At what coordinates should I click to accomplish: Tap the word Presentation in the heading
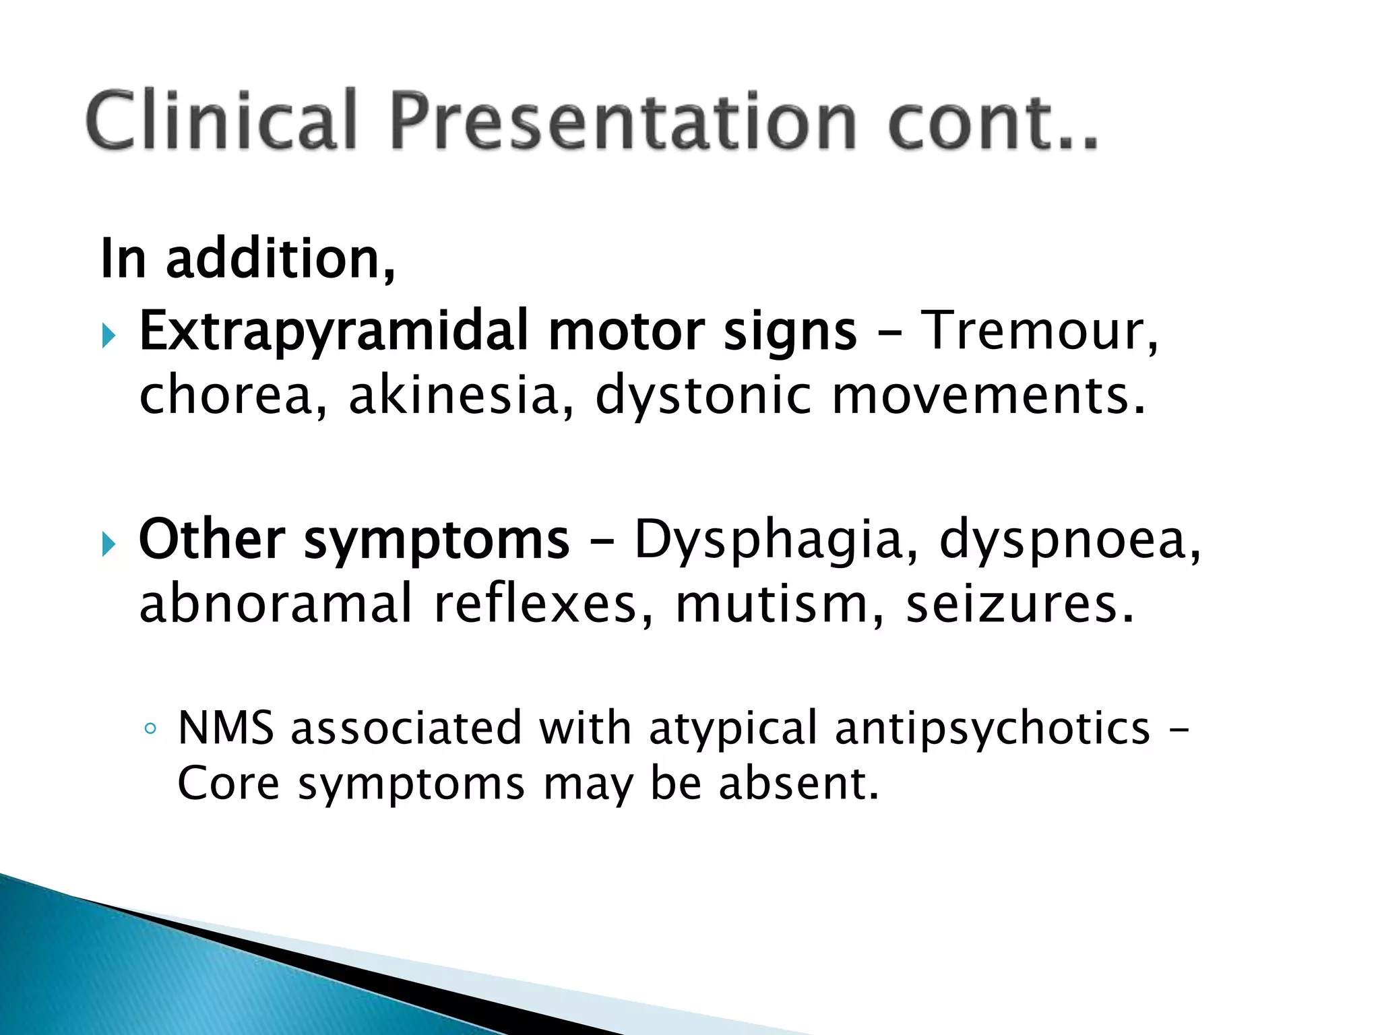tap(624, 121)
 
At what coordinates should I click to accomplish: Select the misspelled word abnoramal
tap(276, 603)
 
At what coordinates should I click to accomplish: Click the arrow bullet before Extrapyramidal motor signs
tap(109, 334)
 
